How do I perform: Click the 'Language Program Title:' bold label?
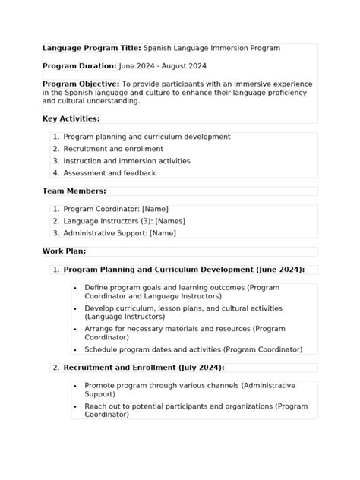91,48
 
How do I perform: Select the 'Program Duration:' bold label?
79,66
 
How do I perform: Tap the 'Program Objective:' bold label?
81,84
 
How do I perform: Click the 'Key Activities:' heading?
71,118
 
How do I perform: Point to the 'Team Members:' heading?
74,191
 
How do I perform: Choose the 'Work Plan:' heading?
64,251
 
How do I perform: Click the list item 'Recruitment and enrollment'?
113,149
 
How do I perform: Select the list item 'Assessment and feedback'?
109,173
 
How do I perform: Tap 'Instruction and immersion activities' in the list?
127,161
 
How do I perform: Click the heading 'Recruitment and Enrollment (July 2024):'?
144,368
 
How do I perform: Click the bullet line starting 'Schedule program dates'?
193,349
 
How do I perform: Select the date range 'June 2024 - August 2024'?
163,66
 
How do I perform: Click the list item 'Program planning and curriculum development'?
147,137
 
